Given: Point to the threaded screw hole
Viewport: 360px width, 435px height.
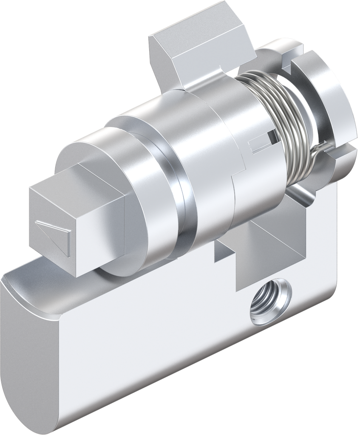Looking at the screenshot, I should (270, 301).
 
